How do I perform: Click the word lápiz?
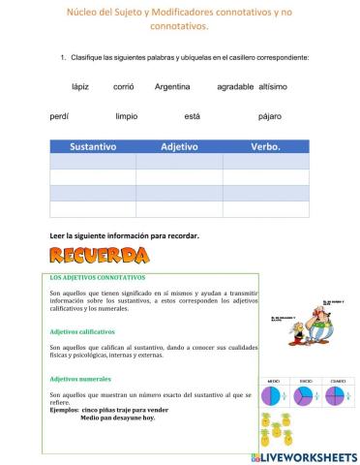[x=80, y=87]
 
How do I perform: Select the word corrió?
[x=124, y=87]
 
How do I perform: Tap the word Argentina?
[x=172, y=87]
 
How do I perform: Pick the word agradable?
[x=235, y=87]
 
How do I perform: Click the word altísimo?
[x=273, y=87]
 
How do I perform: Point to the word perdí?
[x=59, y=116]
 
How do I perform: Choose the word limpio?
[x=127, y=116]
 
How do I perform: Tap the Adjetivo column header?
[x=179, y=147]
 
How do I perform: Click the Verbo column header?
[x=265, y=147]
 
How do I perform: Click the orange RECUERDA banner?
[x=99, y=257]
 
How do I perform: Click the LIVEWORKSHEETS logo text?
[x=309, y=455]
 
